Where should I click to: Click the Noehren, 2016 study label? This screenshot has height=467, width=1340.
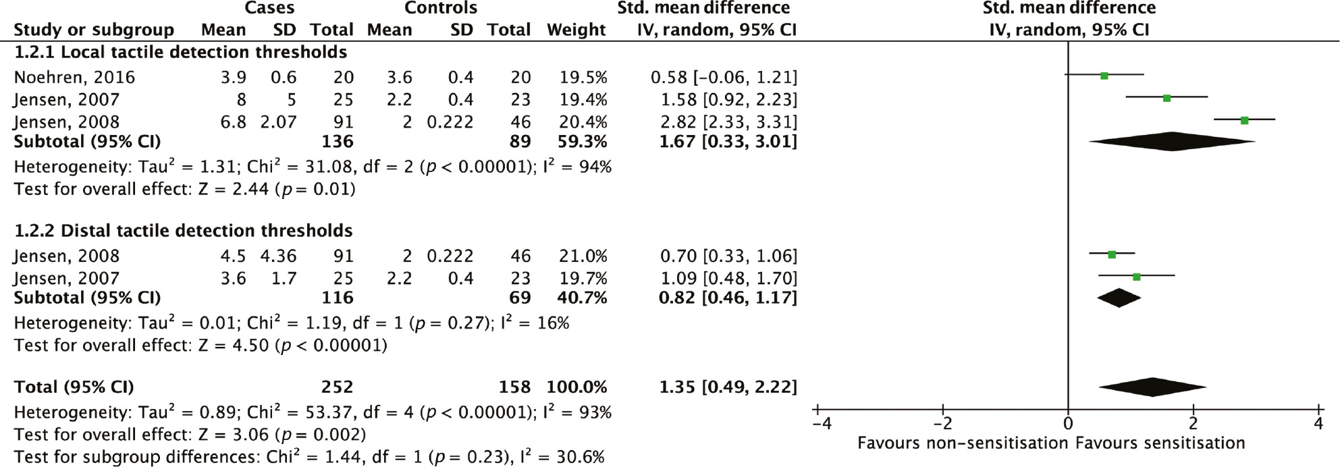74,78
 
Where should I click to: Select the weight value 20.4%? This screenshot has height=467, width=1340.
583,122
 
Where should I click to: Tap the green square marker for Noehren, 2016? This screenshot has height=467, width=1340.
1104,76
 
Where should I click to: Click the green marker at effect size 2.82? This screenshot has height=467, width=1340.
1244,120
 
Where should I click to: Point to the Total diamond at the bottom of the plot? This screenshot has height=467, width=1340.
1152,387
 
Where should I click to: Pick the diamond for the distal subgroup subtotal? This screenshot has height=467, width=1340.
1119,298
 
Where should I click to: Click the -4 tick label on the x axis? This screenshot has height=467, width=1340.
821,424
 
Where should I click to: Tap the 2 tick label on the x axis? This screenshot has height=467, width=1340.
1193,424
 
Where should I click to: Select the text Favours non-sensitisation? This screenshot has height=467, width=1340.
963,443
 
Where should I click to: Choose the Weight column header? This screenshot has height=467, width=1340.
576,30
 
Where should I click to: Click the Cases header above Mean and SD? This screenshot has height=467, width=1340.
269,8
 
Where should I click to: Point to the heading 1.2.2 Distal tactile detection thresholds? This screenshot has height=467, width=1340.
184,231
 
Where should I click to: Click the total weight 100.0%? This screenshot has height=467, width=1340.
577,387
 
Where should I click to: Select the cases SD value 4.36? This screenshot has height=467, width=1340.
278,256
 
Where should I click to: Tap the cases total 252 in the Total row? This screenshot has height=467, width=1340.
337,387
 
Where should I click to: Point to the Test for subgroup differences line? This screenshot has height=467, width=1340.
309,457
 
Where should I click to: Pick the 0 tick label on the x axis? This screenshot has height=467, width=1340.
1068,424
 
